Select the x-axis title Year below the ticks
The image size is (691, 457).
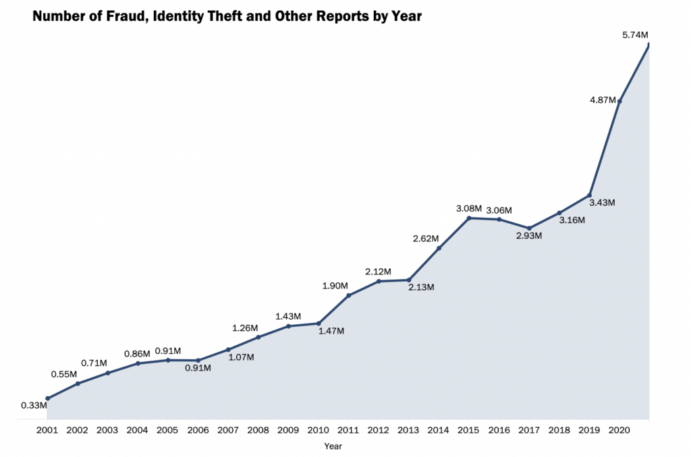tap(333, 446)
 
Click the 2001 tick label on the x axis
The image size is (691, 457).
tap(47, 430)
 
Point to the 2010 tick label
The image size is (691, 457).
tap(318, 430)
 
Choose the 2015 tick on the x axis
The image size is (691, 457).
tap(469, 430)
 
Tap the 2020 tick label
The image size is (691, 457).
tap(619, 430)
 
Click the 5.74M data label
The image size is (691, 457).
tap(635, 34)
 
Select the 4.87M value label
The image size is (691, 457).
tap(603, 100)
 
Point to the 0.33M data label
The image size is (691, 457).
tap(34, 405)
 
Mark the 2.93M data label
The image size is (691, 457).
tap(529, 236)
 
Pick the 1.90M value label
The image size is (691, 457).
tap(335, 286)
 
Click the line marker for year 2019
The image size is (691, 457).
tap(590, 195)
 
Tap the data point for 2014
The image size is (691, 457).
tap(439, 248)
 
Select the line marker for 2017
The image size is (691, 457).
tap(530, 228)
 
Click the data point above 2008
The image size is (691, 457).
tap(258, 337)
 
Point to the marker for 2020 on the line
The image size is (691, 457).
tap(619, 101)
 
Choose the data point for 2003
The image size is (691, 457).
tap(108, 373)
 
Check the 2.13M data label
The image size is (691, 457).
tap(421, 287)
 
